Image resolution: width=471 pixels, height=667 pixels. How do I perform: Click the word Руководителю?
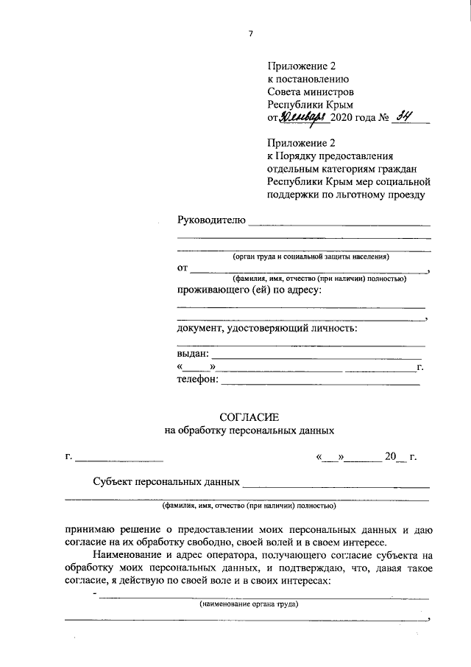click(210, 220)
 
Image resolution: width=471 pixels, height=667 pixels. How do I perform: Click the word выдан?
click(193, 355)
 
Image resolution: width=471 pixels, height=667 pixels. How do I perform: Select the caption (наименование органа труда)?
click(249, 604)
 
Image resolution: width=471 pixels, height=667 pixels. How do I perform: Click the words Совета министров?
click(311, 92)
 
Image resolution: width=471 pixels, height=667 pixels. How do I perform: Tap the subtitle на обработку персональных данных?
click(249, 430)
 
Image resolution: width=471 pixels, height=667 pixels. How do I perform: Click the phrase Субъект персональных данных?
click(166, 482)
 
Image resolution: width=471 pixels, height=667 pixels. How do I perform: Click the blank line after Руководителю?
click(339, 223)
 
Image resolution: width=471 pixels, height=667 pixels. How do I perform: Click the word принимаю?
click(92, 529)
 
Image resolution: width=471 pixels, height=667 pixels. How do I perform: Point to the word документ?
click(199, 328)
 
